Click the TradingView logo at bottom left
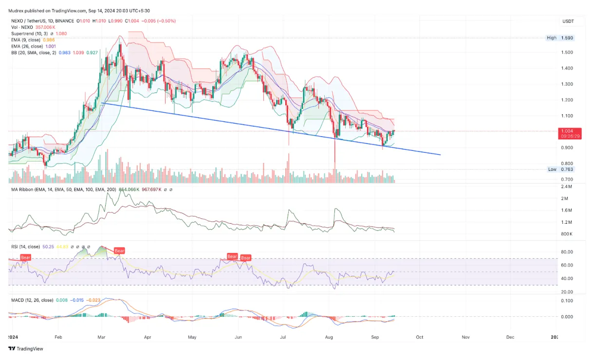click(x=25, y=348)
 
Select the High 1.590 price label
click(x=560, y=38)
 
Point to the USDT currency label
click(x=568, y=21)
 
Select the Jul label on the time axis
click(x=283, y=337)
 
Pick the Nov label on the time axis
click(x=465, y=337)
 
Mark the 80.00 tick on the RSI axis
click(x=566, y=252)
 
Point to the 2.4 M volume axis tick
click(x=566, y=187)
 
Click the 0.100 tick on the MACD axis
click(x=566, y=301)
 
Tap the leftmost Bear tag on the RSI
click(x=25, y=257)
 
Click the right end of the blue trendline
click(x=441, y=155)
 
